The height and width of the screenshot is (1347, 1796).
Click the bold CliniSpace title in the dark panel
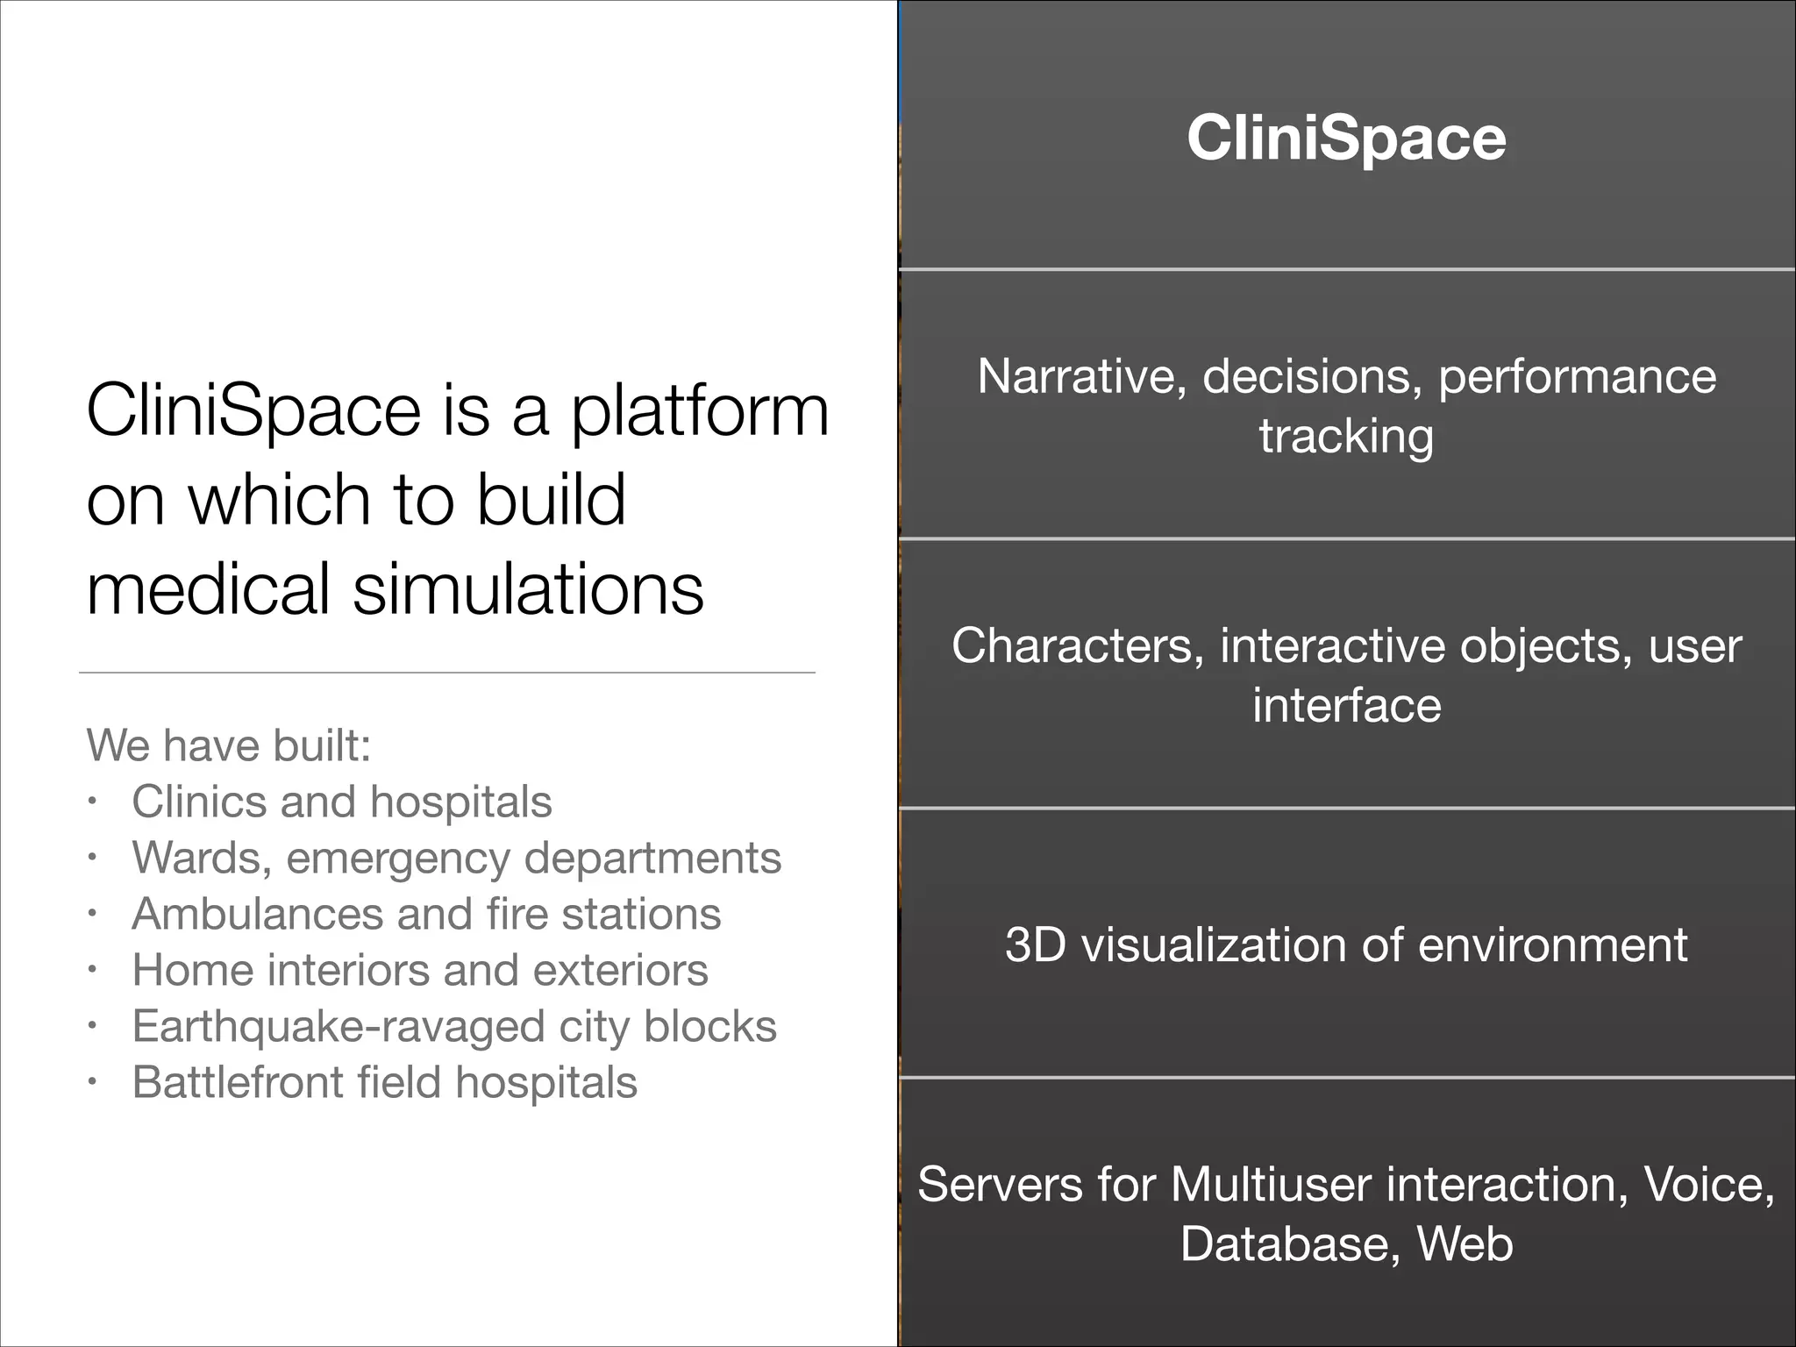[1346, 139]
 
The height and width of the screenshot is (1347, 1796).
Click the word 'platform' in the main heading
[699, 410]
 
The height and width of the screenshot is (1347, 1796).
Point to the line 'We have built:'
[229, 745]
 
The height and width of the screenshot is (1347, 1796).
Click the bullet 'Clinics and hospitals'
[342, 802]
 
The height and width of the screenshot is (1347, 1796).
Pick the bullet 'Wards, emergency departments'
[456, 858]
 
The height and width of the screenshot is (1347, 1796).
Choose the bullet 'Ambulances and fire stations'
[426, 914]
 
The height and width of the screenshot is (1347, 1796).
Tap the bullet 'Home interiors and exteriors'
[420, 970]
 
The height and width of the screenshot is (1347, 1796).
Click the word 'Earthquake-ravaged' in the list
[339, 1026]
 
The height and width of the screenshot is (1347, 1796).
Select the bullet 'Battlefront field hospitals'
[384, 1082]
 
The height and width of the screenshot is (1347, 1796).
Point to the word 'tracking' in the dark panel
[1346, 437]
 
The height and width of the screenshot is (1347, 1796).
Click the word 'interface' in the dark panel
[1346, 705]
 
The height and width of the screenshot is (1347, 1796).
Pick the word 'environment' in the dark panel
[1552, 945]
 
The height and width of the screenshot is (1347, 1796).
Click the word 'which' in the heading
[280, 499]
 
